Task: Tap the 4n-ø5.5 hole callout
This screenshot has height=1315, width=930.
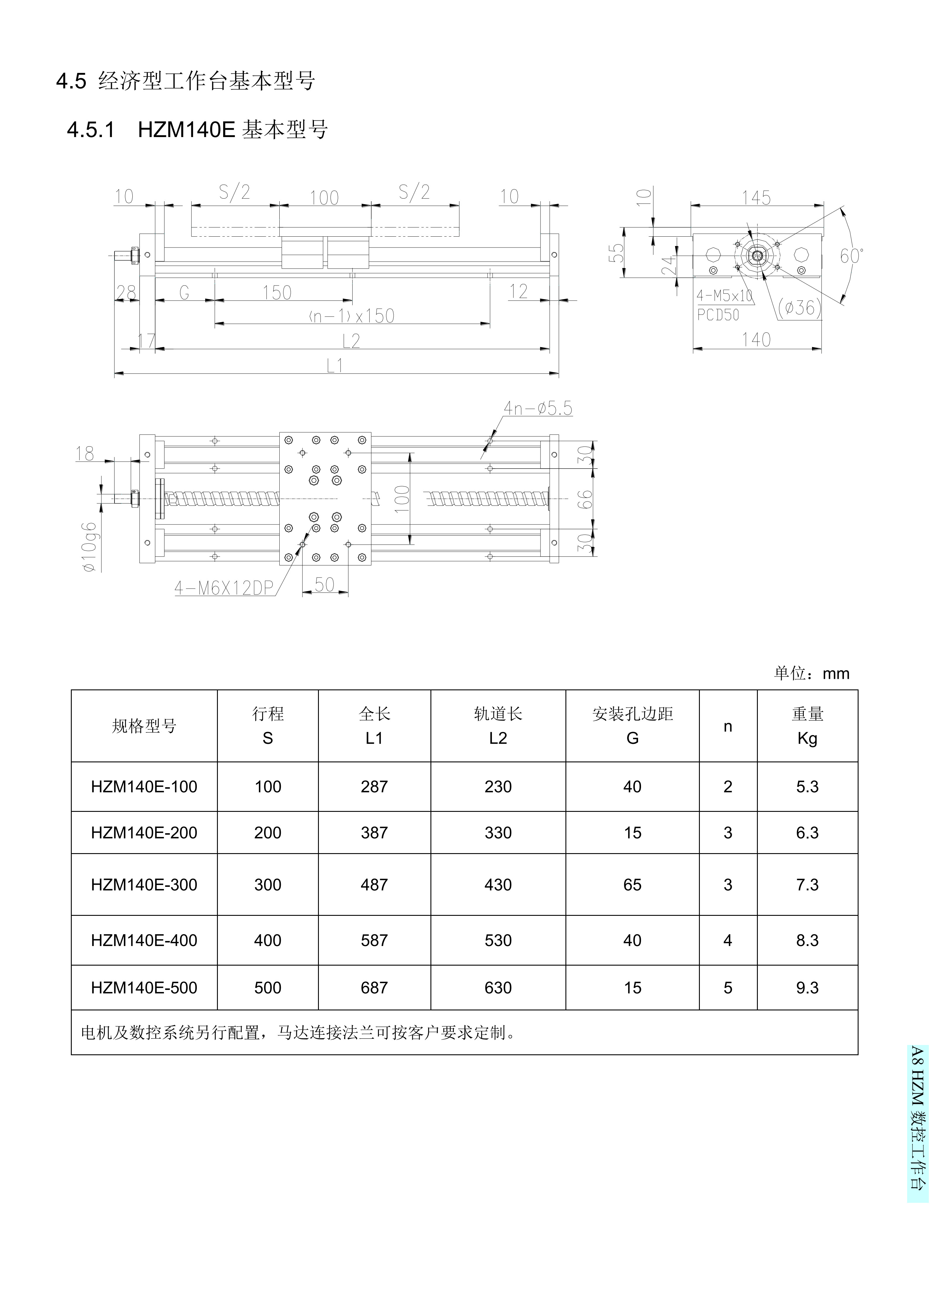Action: (x=537, y=408)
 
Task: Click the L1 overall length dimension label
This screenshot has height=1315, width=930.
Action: (x=335, y=366)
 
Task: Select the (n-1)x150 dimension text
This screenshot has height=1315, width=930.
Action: (x=352, y=316)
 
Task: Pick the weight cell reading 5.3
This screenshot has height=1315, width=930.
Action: (x=807, y=787)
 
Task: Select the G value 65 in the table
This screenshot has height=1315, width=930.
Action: (x=632, y=885)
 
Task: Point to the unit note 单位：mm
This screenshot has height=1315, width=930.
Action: (x=811, y=674)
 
